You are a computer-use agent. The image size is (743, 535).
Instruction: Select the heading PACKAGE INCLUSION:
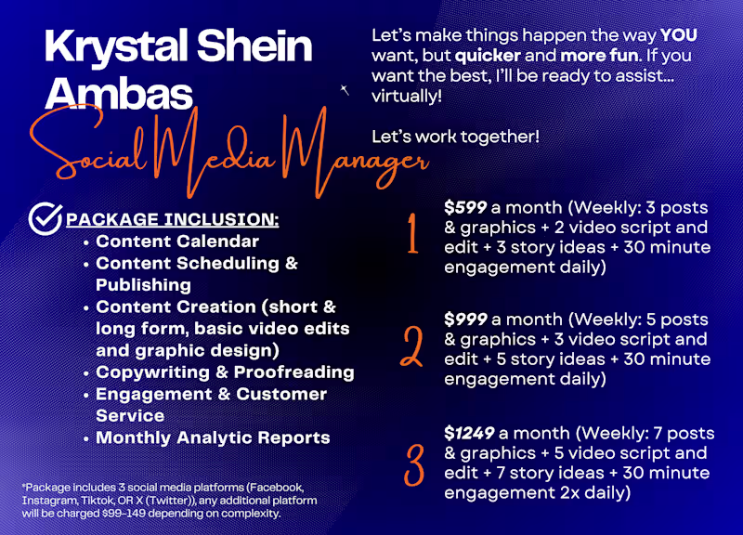[x=172, y=221]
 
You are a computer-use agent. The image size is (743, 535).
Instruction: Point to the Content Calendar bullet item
[x=177, y=241]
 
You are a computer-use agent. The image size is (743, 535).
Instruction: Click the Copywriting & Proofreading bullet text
[x=225, y=372]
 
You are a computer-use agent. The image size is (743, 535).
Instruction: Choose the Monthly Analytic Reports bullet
[x=213, y=437]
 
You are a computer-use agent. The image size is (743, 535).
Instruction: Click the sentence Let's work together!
[x=455, y=137]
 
